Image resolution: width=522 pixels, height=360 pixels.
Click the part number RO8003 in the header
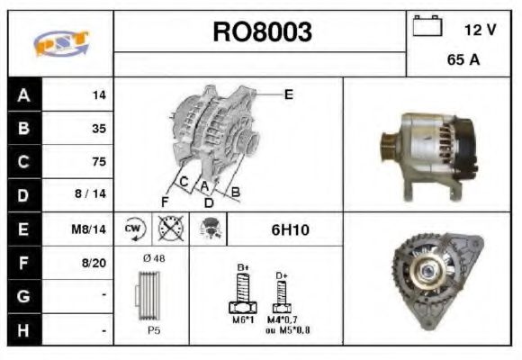262,32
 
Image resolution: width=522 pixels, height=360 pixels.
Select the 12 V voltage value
480,30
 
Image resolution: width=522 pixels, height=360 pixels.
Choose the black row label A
22,94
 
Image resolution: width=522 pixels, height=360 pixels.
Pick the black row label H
22,330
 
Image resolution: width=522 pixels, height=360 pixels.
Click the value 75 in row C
98,162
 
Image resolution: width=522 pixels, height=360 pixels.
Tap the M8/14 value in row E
90,229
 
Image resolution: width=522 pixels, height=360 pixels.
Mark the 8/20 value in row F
94,263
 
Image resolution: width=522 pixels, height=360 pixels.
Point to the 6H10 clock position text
290,230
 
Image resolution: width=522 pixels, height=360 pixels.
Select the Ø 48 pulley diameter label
153,258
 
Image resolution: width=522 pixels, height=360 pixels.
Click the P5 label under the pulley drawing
153,331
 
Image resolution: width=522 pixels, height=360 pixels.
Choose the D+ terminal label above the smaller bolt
281,274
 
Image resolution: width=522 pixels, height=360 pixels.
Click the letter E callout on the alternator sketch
288,94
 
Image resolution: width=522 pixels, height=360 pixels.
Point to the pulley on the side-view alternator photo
388,144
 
